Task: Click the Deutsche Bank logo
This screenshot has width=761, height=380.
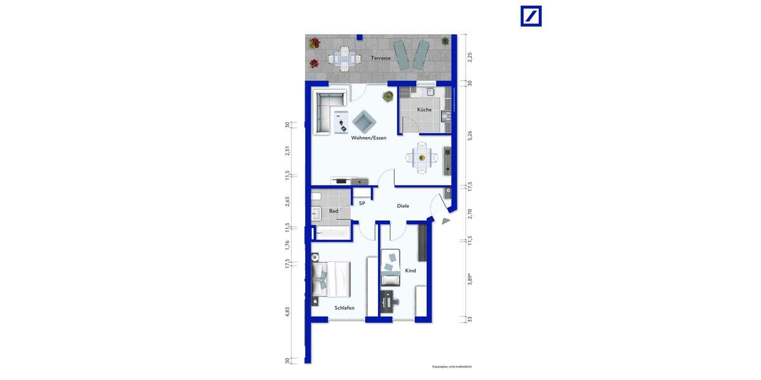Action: pos(531,16)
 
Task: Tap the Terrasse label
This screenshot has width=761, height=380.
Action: pos(380,58)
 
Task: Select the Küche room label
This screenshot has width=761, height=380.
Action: pos(424,110)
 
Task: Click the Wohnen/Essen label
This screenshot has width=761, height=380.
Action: pos(368,137)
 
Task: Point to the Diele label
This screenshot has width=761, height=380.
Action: pos(403,206)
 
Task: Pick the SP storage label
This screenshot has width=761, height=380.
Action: pos(362,203)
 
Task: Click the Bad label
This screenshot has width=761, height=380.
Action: pos(333,211)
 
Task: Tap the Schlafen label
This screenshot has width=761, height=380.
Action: pos(344,308)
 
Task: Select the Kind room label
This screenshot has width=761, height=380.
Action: pos(410,270)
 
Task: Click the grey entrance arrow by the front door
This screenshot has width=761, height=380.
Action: pos(446,221)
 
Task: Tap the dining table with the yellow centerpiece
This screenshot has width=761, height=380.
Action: pos(422,158)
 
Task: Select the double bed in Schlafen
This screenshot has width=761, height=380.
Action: pos(330,278)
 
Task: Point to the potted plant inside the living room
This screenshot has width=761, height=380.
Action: pos(386,97)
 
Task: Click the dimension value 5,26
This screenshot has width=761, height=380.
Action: pos(470,135)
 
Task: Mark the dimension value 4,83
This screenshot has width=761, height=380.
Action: pos(287,312)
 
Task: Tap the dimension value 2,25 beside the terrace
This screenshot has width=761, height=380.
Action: pos(470,58)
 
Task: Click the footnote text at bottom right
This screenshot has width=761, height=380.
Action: pos(452,367)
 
